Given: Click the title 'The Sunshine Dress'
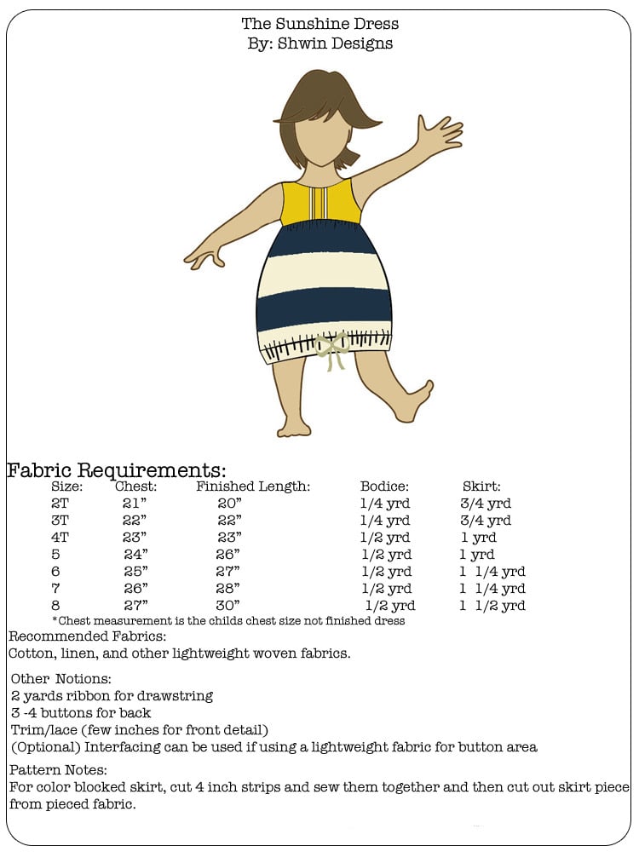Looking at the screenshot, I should [319, 24].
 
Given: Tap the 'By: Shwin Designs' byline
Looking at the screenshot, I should [319, 43].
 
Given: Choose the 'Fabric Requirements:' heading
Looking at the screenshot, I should [117, 470].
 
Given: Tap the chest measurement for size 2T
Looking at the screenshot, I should [135, 504].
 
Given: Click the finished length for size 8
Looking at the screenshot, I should [229, 606].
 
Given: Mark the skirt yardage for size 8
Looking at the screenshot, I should [492, 606].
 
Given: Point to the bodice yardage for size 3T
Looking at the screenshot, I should [385, 521].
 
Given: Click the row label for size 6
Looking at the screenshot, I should [56, 572].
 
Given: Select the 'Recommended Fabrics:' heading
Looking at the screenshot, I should [87, 636].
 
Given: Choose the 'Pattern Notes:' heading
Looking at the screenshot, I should [59, 770].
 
